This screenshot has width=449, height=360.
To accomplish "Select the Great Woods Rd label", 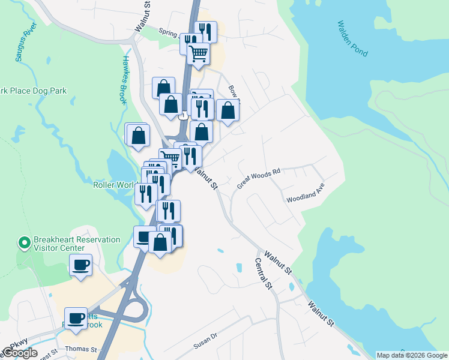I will [259, 179].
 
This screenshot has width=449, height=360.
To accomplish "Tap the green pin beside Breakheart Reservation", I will [24, 243].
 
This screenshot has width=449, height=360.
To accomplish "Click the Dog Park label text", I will [33, 91].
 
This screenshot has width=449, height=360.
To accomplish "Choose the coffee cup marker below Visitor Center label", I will [80, 265].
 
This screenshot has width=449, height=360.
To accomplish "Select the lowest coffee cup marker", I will [76, 317].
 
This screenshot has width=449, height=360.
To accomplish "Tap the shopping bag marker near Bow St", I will [228, 110].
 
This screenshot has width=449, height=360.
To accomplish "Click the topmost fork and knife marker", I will [205, 30].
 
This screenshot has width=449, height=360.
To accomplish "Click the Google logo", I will [20, 353].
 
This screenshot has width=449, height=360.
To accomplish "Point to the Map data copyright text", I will [412, 355].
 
